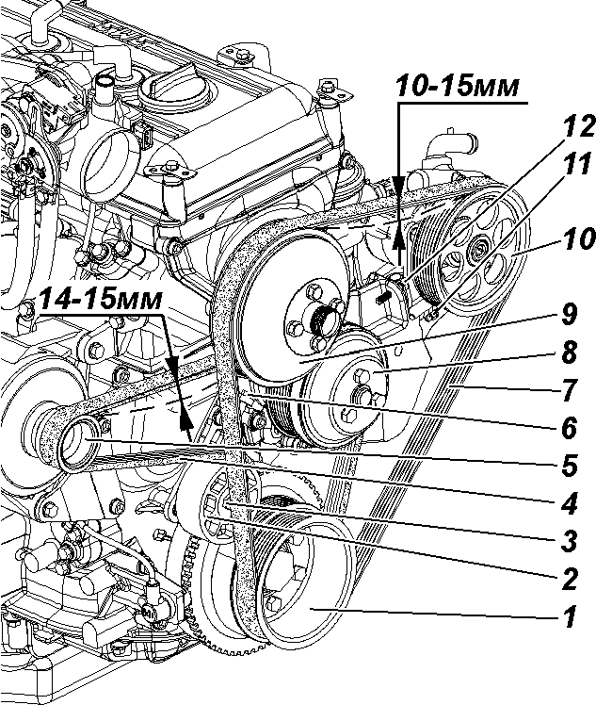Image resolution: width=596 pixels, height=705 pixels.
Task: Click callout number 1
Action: (x=570, y=619)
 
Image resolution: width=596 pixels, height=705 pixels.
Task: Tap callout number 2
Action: (x=570, y=575)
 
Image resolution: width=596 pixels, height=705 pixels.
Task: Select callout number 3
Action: (x=570, y=540)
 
